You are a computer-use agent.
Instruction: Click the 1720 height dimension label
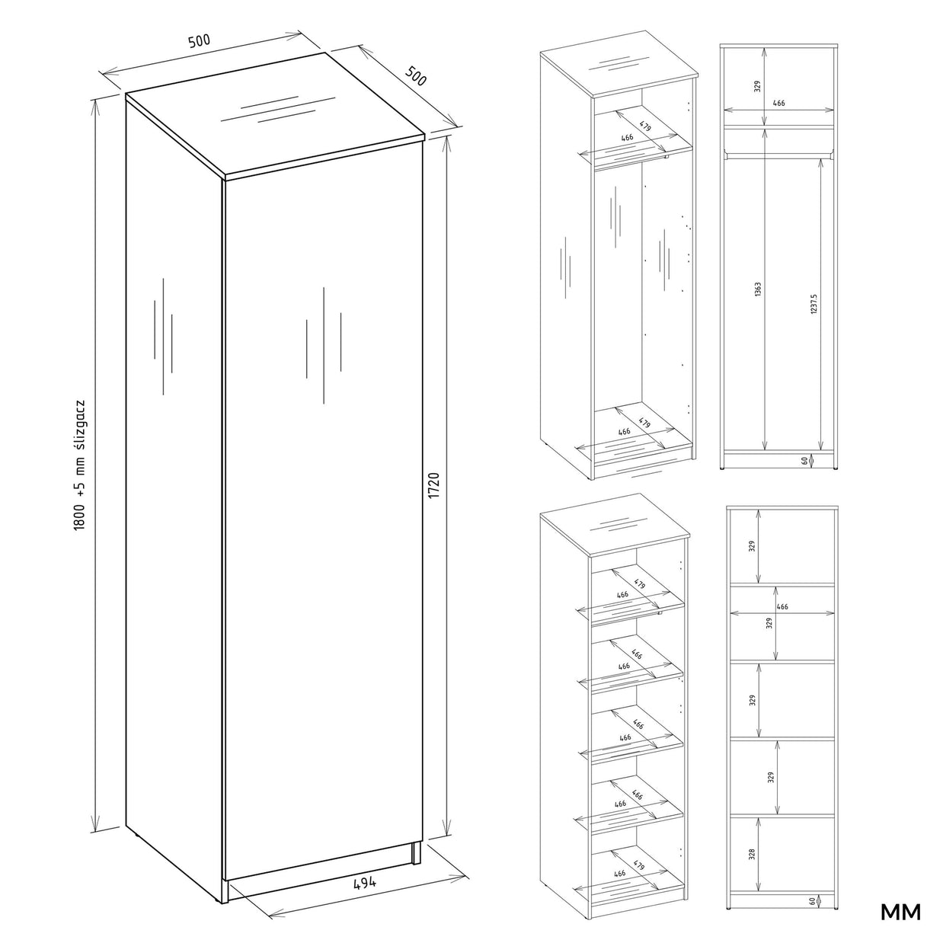[434, 486]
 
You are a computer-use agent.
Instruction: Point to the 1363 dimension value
[758, 290]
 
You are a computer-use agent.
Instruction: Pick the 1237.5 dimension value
[814, 304]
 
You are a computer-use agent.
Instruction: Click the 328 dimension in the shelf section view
[752, 853]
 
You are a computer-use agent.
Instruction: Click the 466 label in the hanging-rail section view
[778, 104]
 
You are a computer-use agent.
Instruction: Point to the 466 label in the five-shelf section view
[782, 607]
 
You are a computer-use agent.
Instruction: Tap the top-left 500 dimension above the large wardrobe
[199, 41]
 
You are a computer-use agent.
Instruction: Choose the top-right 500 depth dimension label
[415, 76]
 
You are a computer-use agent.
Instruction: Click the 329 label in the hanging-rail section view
[758, 87]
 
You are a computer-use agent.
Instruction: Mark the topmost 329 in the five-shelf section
[752, 545]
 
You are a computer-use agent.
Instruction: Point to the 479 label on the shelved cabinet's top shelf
[639, 583]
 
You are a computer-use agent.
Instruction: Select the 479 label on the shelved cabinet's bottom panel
[638, 866]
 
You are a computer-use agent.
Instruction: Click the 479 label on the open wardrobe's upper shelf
[645, 126]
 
